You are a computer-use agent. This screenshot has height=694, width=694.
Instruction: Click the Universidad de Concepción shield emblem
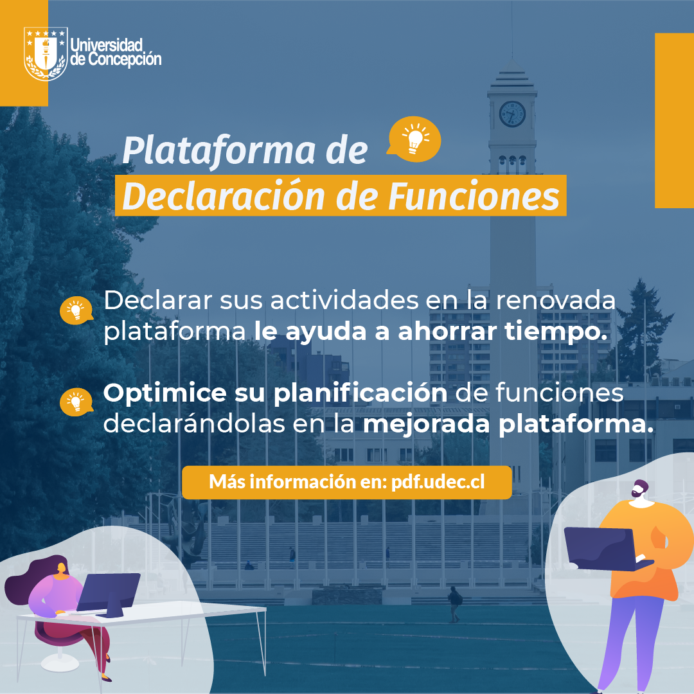click(46, 53)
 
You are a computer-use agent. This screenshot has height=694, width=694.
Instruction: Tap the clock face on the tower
click(512, 114)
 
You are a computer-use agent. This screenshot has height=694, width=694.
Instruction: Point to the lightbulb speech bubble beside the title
click(414, 139)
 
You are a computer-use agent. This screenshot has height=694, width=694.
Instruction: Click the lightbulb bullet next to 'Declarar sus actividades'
click(76, 310)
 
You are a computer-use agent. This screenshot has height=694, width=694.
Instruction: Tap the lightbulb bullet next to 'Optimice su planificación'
click(76, 402)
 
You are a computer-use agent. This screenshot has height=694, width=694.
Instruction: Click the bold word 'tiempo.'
click(556, 332)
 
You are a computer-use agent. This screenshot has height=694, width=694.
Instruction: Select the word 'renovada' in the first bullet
click(555, 301)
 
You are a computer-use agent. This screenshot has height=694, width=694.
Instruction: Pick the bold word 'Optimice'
click(165, 393)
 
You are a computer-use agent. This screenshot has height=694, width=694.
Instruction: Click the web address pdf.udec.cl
click(438, 482)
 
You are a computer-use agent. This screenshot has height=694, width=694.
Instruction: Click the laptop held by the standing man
click(607, 549)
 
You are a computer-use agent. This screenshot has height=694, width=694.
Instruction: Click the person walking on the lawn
click(454, 603)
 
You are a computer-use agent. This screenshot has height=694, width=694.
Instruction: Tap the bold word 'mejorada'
click(426, 425)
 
